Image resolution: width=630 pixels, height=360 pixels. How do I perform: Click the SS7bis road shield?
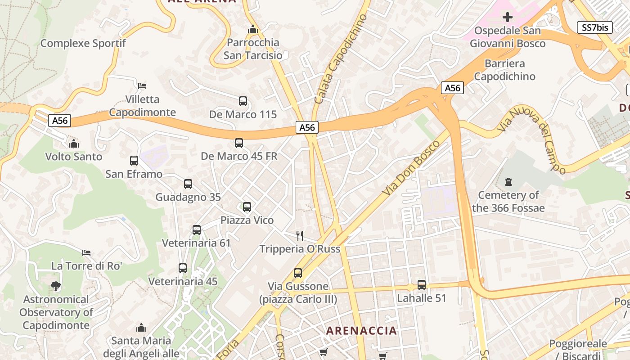point(594,27)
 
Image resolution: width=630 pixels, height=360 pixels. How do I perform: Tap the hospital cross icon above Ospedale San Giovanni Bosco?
point(508,18)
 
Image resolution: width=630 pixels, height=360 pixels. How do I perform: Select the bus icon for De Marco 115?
point(243,101)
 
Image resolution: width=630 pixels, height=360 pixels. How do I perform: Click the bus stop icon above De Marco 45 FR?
point(239,143)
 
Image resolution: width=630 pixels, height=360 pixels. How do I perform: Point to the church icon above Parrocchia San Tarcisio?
point(253,30)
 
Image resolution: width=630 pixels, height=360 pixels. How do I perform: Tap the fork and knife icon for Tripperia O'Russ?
point(300,235)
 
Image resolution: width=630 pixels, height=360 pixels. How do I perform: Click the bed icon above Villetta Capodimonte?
point(142,85)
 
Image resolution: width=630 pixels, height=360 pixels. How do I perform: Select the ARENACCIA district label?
point(361,331)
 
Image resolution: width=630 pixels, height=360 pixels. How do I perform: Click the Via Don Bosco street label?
point(412,168)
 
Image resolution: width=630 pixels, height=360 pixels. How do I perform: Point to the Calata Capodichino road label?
point(341,59)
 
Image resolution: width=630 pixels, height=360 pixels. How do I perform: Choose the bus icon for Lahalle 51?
point(422,285)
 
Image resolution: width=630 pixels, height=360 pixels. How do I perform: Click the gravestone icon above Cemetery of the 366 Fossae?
point(508,182)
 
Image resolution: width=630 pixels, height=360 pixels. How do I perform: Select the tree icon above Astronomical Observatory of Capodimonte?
point(56,286)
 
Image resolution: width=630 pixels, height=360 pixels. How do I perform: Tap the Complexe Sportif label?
point(83,43)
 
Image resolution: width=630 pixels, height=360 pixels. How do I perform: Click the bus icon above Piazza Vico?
point(247,207)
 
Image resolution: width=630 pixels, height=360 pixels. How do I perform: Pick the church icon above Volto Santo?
point(73,144)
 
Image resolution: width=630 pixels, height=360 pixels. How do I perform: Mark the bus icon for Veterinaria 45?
point(183,268)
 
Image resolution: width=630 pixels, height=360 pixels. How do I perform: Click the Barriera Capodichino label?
point(504,70)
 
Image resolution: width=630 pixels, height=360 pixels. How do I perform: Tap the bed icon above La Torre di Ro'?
point(86,253)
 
